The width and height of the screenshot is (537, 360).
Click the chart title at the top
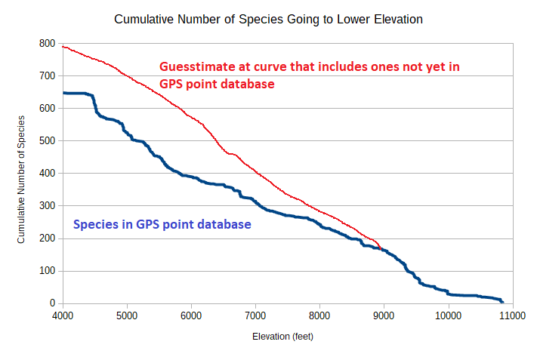point(268,19)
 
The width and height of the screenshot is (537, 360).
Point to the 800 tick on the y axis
point(48,44)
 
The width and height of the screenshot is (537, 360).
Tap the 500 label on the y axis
point(48,141)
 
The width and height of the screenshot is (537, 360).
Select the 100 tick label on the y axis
point(48,271)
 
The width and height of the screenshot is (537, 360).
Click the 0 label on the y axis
point(52,303)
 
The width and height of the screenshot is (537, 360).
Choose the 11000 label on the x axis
point(512,315)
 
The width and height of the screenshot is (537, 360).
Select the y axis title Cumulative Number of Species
point(22,179)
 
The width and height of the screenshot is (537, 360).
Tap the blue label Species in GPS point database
point(162,224)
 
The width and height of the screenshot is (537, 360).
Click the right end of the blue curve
point(502,301)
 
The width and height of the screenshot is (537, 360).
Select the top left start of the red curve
point(63,47)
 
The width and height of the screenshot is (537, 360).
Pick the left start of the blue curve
point(63,93)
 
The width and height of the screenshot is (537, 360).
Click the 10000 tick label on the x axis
point(448,315)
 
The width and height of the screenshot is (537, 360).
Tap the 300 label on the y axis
point(48,206)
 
